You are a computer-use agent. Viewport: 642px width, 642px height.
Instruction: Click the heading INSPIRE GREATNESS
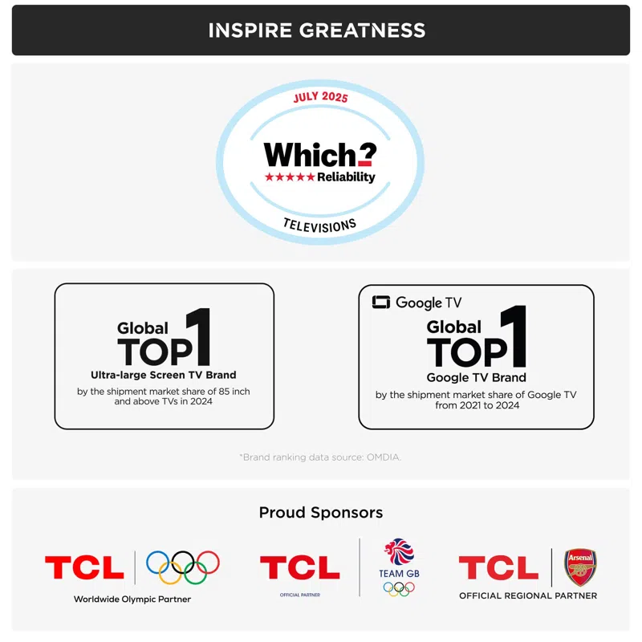pyautogui.click(x=317, y=31)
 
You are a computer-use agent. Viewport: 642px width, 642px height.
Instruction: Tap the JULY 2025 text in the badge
pyautogui.click(x=319, y=98)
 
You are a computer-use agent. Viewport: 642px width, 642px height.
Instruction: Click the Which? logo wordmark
pyautogui.click(x=319, y=154)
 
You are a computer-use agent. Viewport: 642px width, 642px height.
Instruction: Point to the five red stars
pyautogui.click(x=290, y=177)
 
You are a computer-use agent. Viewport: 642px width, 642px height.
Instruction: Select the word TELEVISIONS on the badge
pyautogui.click(x=319, y=226)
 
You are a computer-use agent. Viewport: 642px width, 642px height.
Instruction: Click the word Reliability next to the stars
pyautogui.click(x=346, y=177)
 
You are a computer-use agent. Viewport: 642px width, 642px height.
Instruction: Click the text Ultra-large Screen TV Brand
pyautogui.click(x=164, y=375)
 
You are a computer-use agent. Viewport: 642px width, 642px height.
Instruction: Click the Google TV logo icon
pyautogui.click(x=380, y=303)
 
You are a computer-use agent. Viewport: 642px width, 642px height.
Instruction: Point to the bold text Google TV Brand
pyautogui.click(x=477, y=377)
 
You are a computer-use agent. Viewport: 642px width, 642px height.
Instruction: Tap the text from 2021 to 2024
pyautogui.click(x=477, y=406)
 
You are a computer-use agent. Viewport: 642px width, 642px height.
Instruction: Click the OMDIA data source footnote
pyautogui.click(x=319, y=457)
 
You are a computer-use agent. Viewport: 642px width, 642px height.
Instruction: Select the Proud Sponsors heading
pyautogui.click(x=320, y=512)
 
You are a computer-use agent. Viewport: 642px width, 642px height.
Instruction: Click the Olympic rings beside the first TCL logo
pyautogui.click(x=183, y=567)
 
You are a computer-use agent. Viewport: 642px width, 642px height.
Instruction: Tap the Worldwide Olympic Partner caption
pyautogui.click(x=132, y=599)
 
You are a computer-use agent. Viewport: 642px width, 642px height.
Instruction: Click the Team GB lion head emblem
pyautogui.click(x=398, y=554)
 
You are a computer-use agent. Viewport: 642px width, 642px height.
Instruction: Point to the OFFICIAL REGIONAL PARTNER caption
pyautogui.click(x=528, y=595)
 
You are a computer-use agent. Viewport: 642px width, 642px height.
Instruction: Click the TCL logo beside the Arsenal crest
pyautogui.click(x=498, y=568)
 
